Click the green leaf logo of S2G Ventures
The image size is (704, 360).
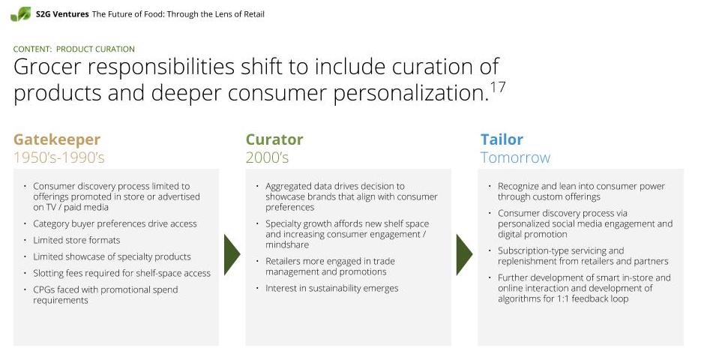(x=21, y=14)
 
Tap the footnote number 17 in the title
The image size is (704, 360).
(x=498, y=87)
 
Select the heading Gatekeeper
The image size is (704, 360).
(x=57, y=139)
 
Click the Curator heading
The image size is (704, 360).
(x=274, y=139)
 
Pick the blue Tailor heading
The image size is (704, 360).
(x=502, y=139)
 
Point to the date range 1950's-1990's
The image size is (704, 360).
(x=58, y=158)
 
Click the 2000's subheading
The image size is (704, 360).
(x=267, y=158)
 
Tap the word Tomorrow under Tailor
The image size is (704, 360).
(x=515, y=158)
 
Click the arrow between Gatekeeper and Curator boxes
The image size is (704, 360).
(x=232, y=254)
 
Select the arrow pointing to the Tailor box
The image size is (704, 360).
(x=465, y=254)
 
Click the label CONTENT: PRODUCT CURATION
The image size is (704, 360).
(x=74, y=49)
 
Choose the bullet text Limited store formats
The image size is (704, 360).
(x=76, y=240)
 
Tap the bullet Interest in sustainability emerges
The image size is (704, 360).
(x=332, y=288)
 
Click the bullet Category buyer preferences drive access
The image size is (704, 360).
(x=115, y=223)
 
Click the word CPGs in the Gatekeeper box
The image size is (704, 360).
(x=43, y=290)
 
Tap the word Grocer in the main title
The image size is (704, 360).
(x=47, y=67)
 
